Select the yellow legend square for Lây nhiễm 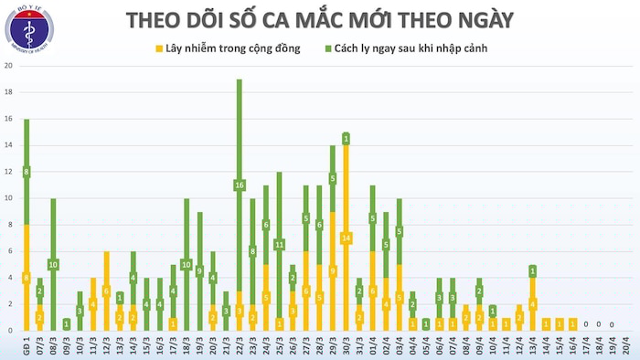160,48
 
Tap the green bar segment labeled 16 240,185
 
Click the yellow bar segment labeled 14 346,238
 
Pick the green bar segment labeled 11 279,245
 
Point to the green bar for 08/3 53,264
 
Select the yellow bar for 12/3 106,291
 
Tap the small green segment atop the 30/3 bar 346,139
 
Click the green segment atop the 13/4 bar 532,270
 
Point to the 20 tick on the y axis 8,67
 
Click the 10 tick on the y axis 8,198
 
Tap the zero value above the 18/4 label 598,324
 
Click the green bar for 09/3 67,323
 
